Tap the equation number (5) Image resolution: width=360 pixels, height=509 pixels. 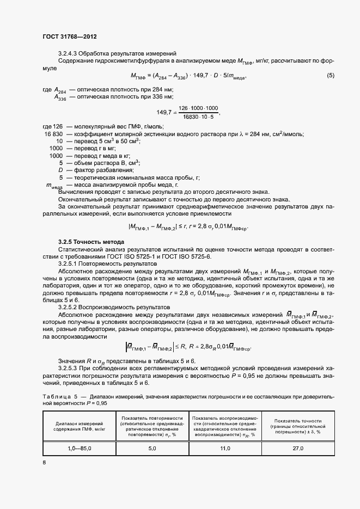(330, 76)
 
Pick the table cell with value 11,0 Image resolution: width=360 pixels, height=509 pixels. (225, 448)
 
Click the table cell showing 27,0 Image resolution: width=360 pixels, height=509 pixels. (298, 448)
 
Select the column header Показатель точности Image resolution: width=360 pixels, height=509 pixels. (298, 425)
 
